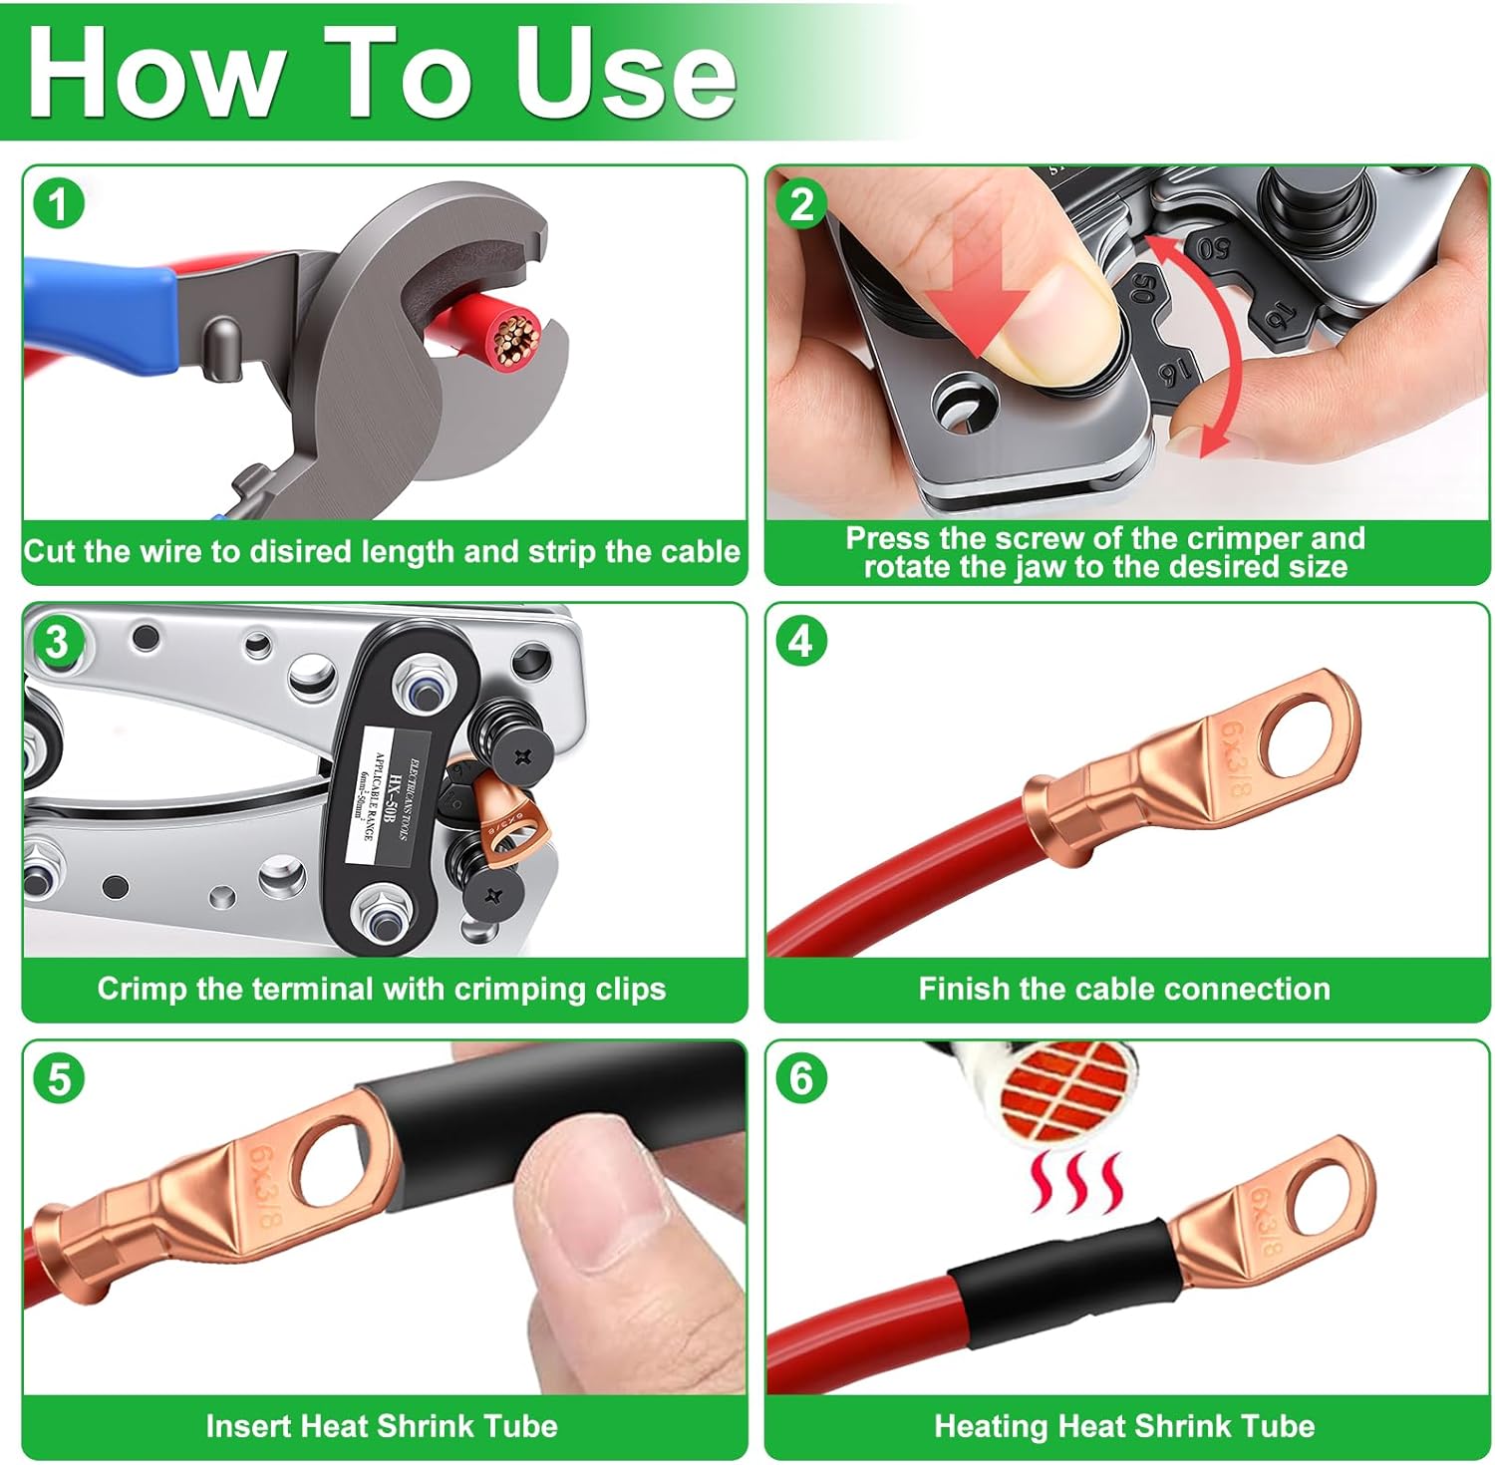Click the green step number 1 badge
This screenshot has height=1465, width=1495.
[58, 204]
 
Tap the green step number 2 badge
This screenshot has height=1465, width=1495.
[801, 204]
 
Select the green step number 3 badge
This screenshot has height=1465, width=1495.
[58, 642]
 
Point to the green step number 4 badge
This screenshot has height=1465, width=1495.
[801, 642]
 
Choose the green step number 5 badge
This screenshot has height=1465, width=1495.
[58, 1079]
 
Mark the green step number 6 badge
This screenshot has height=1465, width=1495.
[801, 1079]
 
